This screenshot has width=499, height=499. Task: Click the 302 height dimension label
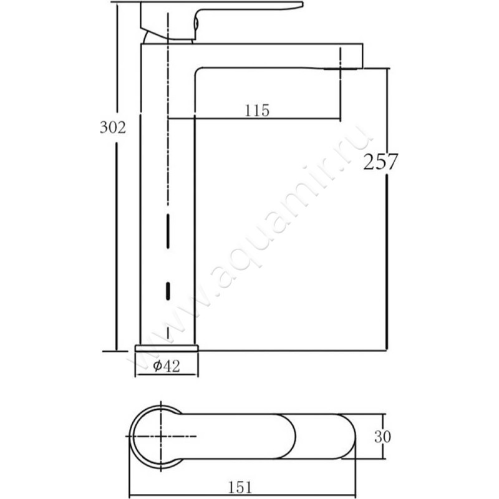point(113,127)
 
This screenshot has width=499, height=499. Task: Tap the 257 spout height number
point(380,162)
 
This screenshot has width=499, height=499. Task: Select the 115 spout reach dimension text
point(257,110)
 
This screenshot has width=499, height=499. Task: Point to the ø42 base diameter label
point(166,366)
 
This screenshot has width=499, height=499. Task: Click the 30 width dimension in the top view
point(382,437)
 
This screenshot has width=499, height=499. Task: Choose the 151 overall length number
point(240,487)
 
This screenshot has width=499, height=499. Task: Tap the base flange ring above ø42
point(167,348)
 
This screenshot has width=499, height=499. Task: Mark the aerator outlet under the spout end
point(342,68)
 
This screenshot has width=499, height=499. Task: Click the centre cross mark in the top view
point(161,436)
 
